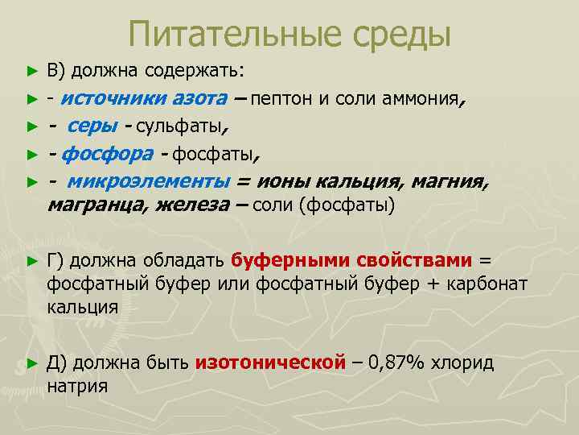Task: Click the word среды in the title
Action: (x=394, y=34)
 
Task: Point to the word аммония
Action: (x=422, y=100)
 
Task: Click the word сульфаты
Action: (x=182, y=126)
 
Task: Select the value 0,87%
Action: (x=396, y=362)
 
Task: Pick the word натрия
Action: (x=77, y=386)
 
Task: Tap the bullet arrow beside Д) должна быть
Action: (x=32, y=363)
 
